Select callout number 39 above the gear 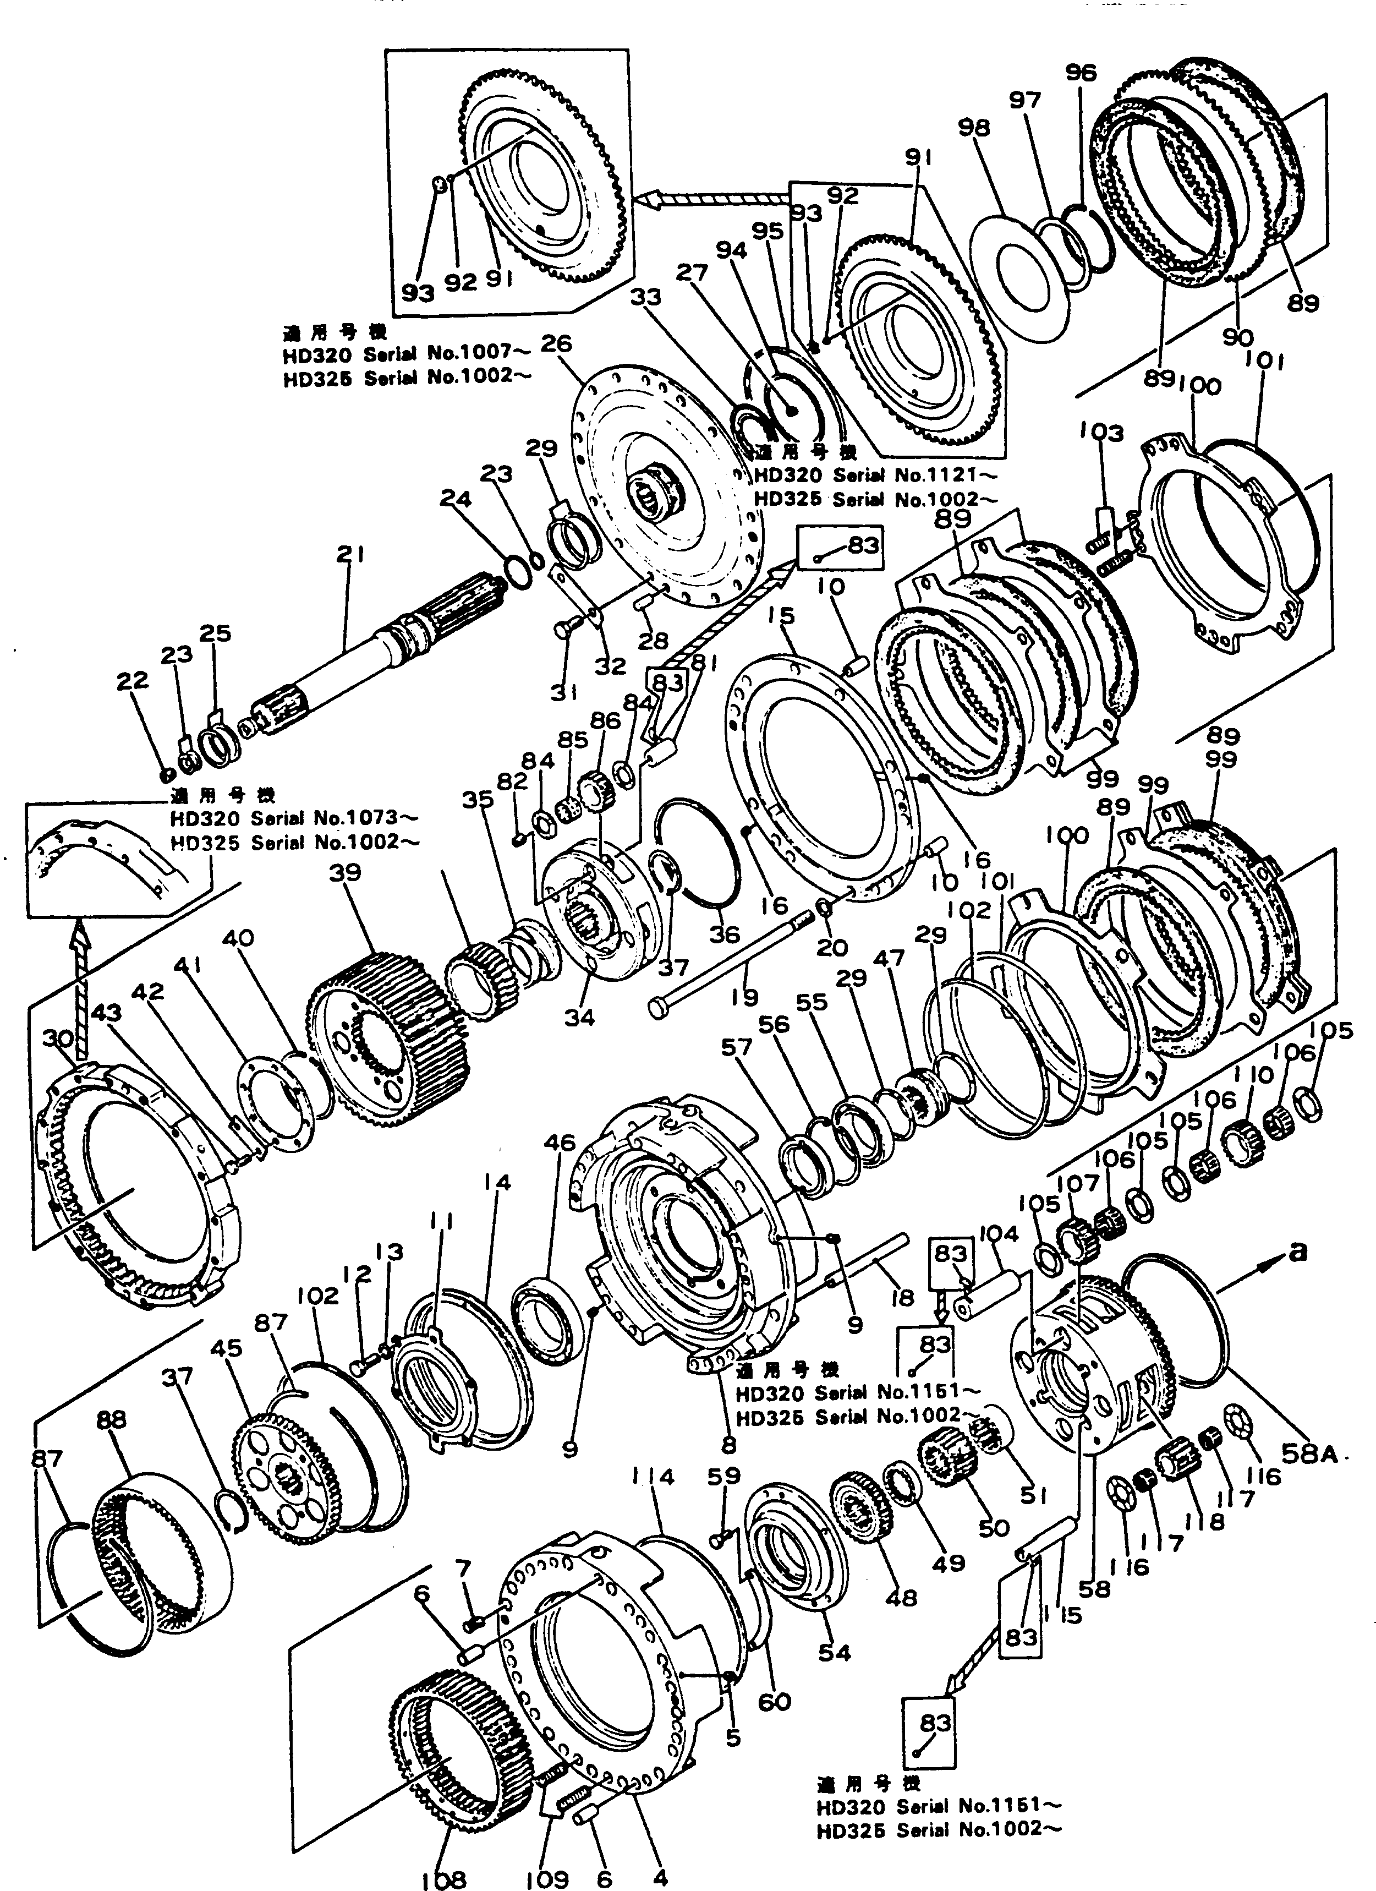(x=344, y=873)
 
